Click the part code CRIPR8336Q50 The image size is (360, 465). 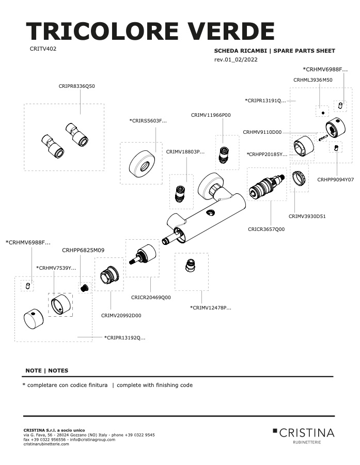[x=77, y=86]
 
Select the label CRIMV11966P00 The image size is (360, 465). [x=211, y=115]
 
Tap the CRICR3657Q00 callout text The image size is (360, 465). [x=267, y=229]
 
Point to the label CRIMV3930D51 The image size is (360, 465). [x=307, y=216]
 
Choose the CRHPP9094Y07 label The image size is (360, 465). [x=335, y=180]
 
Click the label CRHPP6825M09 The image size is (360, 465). [x=83, y=250]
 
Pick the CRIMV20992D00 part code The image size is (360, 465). [x=121, y=316]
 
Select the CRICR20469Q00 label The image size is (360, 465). [x=151, y=298]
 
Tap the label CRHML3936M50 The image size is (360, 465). [x=313, y=80]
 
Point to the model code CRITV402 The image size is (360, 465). [x=43, y=49]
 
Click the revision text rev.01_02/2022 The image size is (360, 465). [x=236, y=59]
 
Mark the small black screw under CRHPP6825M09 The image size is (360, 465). [x=85, y=287]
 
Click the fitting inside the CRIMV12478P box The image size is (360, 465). [x=191, y=265]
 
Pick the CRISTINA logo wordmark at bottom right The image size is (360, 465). [x=307, y=433]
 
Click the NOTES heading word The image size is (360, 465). [x=58, y=370]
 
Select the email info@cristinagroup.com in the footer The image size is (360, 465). [x=92, y=440]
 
